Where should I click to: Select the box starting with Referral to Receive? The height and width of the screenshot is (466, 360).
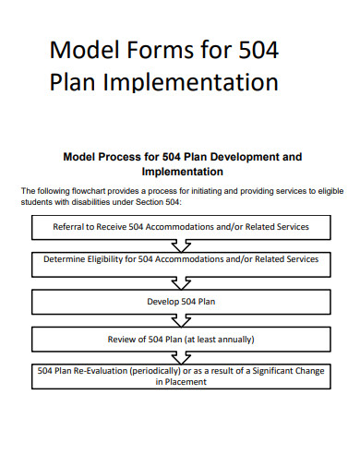coord(179,226)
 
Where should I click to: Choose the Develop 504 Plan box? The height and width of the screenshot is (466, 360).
coord(179,301)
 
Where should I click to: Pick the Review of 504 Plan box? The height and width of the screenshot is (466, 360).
coord(179,339)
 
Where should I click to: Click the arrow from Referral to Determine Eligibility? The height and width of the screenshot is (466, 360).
coord(180,244)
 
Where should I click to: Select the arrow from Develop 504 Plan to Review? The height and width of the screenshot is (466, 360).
coord(180,319)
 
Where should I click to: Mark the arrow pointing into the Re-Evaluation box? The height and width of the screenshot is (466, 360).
coord(180,357)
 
